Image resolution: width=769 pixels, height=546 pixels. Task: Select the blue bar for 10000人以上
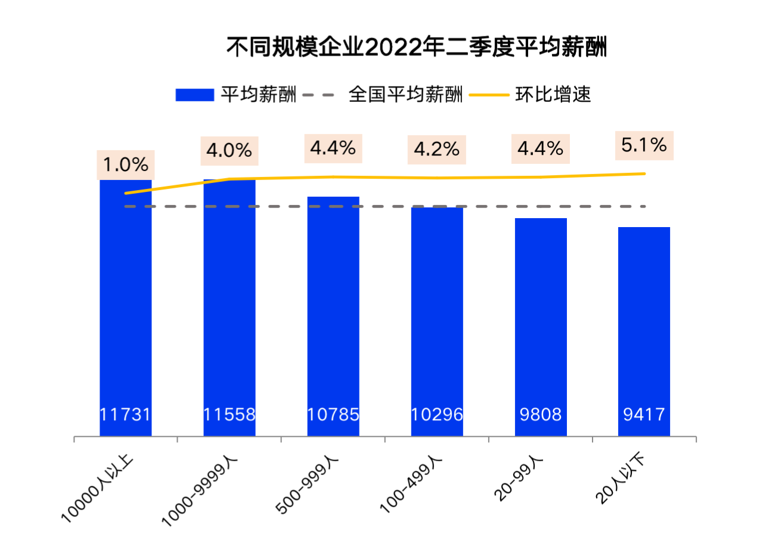coord(125,298)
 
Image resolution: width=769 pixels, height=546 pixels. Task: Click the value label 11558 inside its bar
coord(230,414)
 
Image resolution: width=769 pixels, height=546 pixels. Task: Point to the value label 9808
coord(541,414)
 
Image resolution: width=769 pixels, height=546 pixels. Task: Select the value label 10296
coord(437,414)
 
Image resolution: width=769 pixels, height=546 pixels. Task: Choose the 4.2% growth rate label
coord(437,149)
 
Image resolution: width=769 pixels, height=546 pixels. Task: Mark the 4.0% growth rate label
coord(230,151)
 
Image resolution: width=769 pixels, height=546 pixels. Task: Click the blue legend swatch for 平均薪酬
coord(194,95)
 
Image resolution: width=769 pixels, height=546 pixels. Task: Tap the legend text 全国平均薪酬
coord(405,95)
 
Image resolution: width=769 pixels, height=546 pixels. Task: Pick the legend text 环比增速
coord(553,95)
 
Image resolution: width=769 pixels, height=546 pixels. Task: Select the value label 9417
coord(644,414)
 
